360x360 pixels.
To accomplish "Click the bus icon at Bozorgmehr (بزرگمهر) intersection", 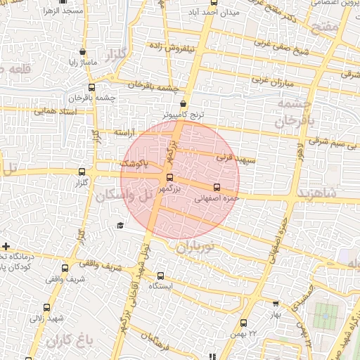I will [169, 176].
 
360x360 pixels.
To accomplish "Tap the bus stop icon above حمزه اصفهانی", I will [217, 187].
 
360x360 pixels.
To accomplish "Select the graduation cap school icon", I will [120, 225].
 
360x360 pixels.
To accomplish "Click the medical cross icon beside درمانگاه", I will [6, 247].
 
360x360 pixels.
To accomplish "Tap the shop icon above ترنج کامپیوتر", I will [184, 103].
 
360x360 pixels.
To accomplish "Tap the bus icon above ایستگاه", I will [161, 276].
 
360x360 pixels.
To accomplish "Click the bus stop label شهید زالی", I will [47, 318].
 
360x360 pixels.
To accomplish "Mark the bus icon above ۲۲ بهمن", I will [243, 323].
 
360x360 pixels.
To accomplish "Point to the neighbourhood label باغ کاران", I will [70, 342].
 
